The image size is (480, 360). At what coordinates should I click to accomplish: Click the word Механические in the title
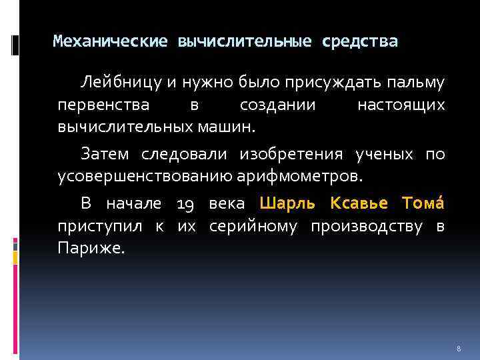[110, 42]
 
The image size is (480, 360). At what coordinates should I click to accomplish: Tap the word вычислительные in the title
[245, 42]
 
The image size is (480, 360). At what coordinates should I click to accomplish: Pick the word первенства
[97, 105]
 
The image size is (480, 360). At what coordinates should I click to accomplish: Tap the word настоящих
[401, 105]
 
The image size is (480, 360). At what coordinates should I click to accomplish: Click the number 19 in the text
[186, 204]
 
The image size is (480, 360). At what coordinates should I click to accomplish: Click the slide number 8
[459, 349]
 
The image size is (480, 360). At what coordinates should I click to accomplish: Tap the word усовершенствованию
[145, 177]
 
